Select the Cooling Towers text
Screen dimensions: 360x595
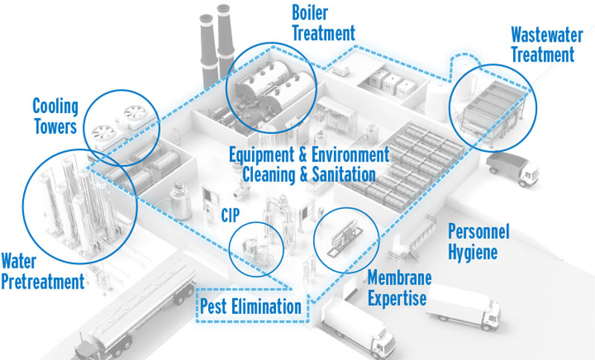click(x=54, y=116)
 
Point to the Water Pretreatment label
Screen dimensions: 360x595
click(x=42, y=271)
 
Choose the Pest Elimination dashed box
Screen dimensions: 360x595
click(x=251, y=306)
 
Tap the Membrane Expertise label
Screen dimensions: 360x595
click(x=397, y=287)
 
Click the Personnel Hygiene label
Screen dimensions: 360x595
click(x=478, y=242)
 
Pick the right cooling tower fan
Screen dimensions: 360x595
click(x=135, y=113)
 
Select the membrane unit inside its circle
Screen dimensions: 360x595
click(x=342, y=242)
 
